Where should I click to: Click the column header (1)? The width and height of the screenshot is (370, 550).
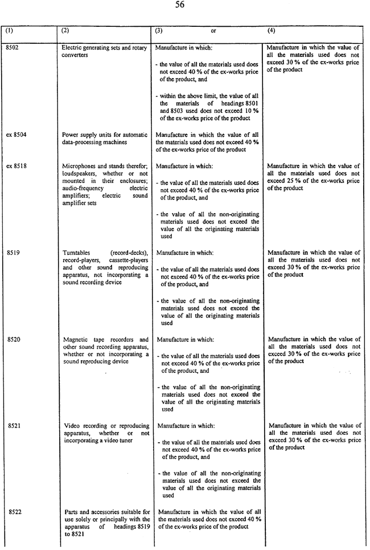[10, 31]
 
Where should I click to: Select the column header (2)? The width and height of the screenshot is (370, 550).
[65, 31]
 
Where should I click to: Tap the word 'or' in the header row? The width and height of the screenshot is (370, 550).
[213, 31]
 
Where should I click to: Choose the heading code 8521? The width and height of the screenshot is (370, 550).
[14, 426]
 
